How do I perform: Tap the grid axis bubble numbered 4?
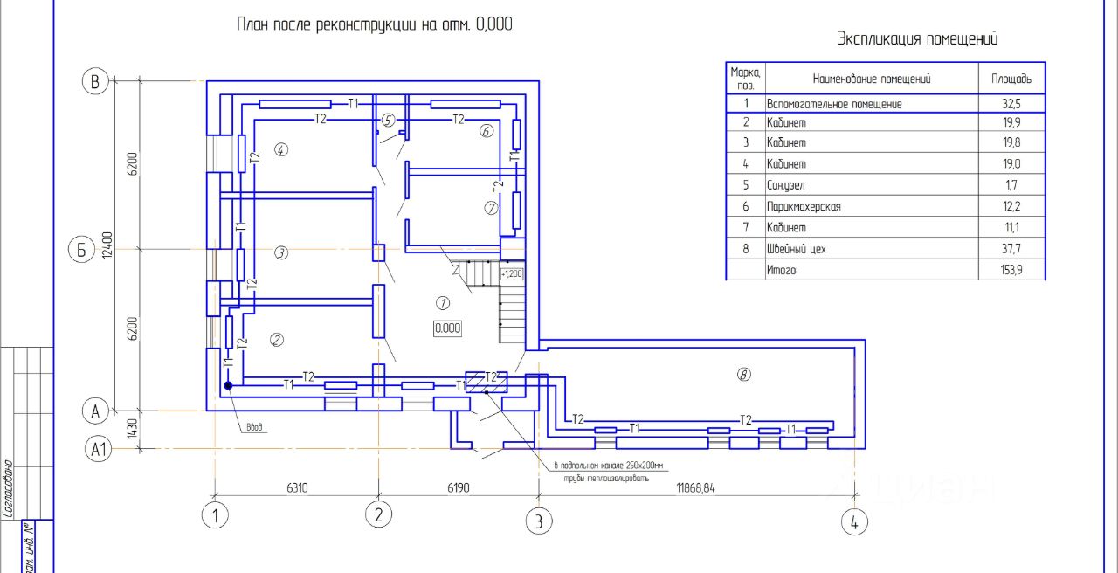point(854,522)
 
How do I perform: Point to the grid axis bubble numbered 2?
point(378,515)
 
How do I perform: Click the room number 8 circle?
point(744,375)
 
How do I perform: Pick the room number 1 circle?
point(442,303)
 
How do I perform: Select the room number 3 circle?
point(281,252)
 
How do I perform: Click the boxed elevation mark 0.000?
point(447,328)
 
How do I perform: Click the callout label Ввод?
point(254,428)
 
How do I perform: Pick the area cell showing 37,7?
point(1011,249)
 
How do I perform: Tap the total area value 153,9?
point(1011,271)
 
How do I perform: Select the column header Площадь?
point(1011,79)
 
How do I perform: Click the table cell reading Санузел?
point(786,185)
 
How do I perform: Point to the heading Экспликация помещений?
point(918,39)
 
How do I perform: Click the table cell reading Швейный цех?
point(796,249)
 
